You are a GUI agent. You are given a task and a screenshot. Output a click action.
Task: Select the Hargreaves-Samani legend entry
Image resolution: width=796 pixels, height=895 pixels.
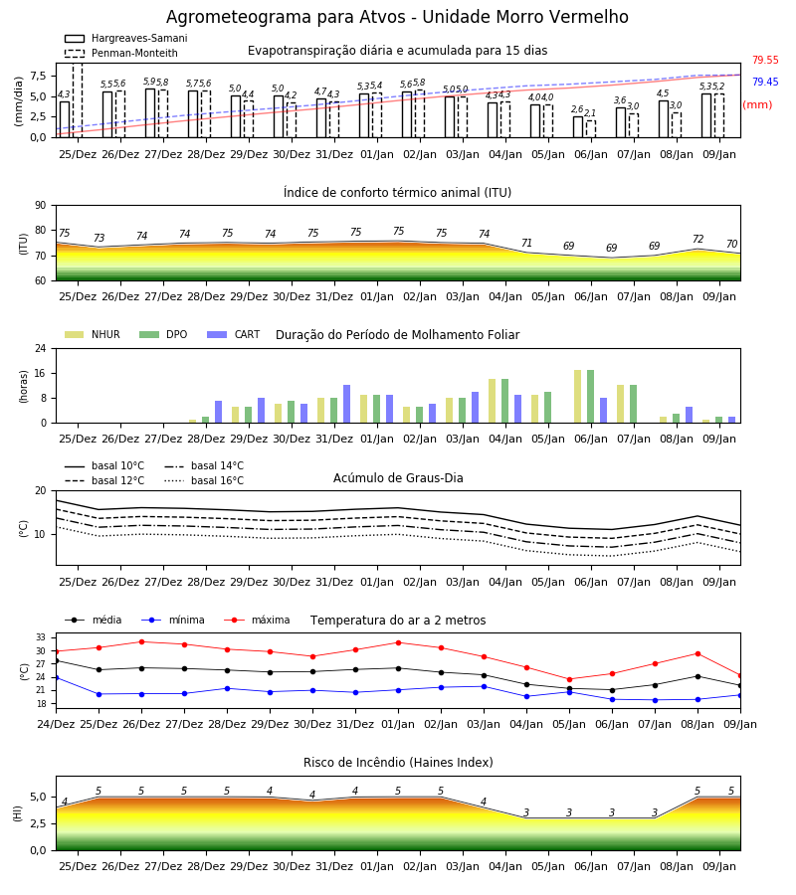tap(125, 38)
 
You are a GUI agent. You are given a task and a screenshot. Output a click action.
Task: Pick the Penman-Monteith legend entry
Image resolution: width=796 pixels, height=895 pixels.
tap(121, 53)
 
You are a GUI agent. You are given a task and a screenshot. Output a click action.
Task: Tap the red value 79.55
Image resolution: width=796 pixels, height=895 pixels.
tap(765, 60)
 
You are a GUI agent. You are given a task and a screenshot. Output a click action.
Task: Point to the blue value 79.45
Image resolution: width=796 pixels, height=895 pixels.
tap(765, 82)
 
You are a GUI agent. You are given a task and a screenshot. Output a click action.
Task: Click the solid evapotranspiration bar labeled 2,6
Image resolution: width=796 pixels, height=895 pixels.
tap(578, 126)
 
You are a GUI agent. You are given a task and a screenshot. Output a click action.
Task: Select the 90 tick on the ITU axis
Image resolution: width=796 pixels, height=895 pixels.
tap(41, 206)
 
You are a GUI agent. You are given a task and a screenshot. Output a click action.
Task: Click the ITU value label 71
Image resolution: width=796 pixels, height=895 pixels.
tap(526, 244)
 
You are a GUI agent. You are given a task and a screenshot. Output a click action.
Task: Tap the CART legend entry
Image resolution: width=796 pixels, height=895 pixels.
tap(233, 334)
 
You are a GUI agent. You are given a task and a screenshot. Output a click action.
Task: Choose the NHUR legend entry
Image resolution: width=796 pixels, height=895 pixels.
tap(93, 334)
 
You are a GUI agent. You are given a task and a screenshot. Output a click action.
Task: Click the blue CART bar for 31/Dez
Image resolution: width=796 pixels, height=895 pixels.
tap(346, 404)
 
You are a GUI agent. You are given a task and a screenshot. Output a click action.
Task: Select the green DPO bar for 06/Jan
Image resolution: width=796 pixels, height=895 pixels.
tap(590, 397)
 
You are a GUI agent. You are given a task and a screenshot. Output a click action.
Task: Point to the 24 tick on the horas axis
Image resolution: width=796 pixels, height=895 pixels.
tap(41, 348)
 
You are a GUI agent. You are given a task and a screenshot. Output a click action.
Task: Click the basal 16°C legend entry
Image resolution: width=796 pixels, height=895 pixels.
tap(204, 480)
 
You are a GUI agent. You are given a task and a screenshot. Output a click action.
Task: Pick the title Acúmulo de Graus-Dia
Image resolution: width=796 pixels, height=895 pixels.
tap(398, 478)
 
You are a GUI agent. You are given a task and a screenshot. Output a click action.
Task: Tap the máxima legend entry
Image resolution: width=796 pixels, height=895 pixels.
tap(257, 620)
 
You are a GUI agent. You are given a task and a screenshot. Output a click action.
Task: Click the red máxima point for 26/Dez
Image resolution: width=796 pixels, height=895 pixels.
tap(141, 641)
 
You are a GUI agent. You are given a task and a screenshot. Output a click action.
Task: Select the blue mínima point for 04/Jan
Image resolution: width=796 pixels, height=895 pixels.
tap(526, 696)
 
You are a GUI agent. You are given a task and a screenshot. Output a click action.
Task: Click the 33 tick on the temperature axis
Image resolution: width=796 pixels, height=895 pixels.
tap(41, 637)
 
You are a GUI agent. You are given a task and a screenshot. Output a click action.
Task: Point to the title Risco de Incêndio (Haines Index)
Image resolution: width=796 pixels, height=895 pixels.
tap(398, 763)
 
